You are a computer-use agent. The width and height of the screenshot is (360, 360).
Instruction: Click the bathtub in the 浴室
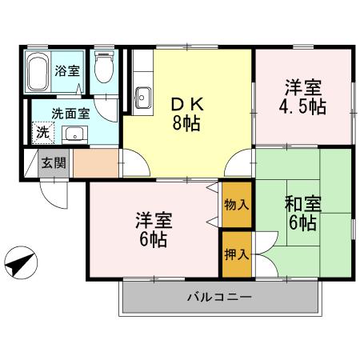(x=38, y=74)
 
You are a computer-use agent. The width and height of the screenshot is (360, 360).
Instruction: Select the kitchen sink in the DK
(x=142, y=98)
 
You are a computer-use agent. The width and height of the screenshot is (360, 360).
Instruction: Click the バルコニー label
(x=220, y=298)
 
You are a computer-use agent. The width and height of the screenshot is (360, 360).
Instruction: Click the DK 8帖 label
(x=186, y=113)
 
